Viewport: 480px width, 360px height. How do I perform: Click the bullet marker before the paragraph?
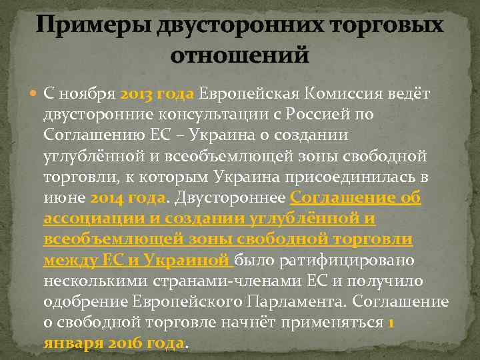pyautogui.click(x=34, y=93)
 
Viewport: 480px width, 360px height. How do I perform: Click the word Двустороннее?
pyautogui.click(x=230, y=199)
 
